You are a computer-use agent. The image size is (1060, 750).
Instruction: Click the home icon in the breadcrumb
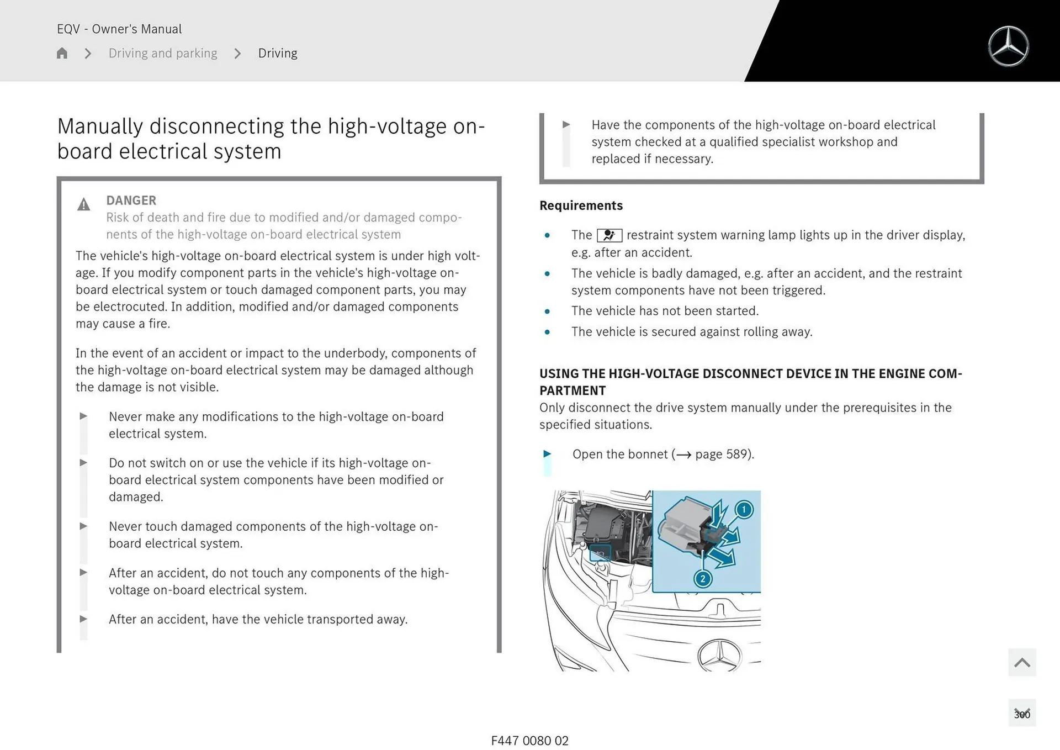pyautogui.click(x=62, y=53)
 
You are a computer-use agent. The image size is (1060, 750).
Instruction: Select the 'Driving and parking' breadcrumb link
pyautogui.click(x=163, y=53)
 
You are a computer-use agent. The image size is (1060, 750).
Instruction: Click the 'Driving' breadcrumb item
pyautogui.click(x=278, y=53)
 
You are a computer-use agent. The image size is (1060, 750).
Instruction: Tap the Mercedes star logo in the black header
pyautogui.click(x=1008, y=46)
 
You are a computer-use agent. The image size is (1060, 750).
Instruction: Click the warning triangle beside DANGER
pyautogui.click(x=83, y=205)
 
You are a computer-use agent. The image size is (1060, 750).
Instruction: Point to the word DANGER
pyautogui.click(x=131, y=200)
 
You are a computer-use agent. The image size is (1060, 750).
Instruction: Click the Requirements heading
pyautogui.click(x=581, y=205)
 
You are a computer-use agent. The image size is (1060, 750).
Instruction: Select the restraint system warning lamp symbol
pyautogui.click(x=609, y=235)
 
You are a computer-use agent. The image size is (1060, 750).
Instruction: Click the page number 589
pyautogui.click(x=736, y=454)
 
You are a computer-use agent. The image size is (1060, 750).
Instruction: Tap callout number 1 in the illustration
pyautogui.click(x=744, y=509)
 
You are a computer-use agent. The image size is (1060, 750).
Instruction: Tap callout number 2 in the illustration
pyautogui.click(x=702, y=579)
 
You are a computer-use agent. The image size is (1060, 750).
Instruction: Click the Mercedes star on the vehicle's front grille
pyautogui.click(x=719, y=656)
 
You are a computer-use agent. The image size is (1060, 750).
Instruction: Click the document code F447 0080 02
pyautogui.click(x=529, y=741)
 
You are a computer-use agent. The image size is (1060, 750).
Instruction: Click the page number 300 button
pyautogui.click(x=1022, y=714)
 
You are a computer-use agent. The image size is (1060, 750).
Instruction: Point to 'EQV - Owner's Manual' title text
pyautogui.click(x=119, y=29)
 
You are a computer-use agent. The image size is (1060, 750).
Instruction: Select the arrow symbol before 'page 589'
pyautogui.click(x=683, y=455)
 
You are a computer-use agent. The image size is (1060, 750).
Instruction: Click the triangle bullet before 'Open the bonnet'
pyautogui.click(x=547, y=453)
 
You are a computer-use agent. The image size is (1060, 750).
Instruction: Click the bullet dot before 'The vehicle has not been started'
pyautogui.click(x=547, y=311)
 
